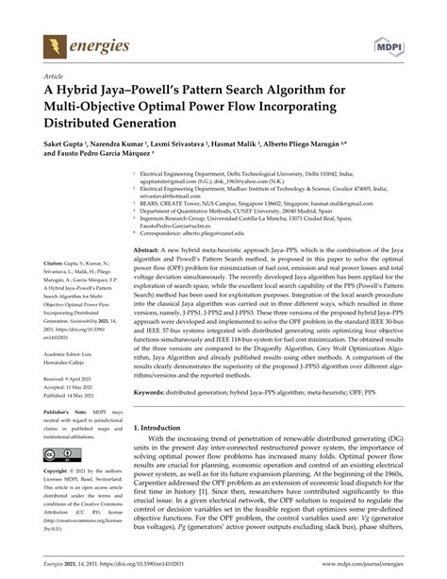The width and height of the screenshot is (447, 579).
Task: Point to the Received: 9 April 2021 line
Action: coord(64,378)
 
